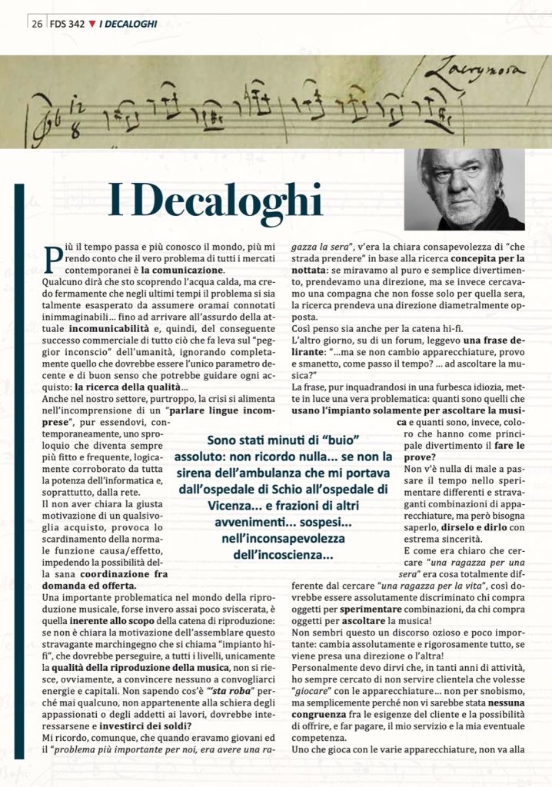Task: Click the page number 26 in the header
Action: pos(36,24)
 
